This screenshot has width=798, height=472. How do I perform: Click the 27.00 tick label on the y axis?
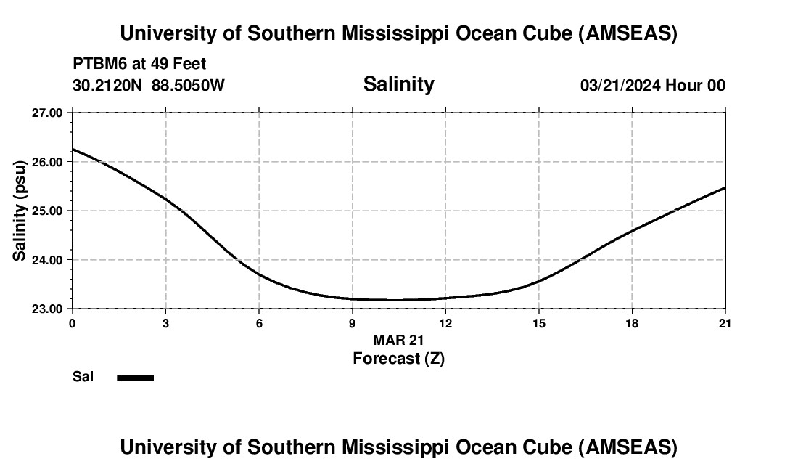[48, 113]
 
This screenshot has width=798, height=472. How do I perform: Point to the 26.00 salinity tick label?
[48, 162]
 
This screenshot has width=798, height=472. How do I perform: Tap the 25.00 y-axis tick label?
[48, 211]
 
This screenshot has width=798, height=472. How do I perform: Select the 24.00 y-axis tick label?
[48, 260]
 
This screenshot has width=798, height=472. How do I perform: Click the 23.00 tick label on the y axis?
[48, 309]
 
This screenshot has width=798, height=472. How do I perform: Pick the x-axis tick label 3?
[166, 323]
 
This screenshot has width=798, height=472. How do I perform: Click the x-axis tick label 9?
[353, 323]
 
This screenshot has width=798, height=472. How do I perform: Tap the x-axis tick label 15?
[539, 323]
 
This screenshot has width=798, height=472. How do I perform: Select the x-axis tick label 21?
[725, 323]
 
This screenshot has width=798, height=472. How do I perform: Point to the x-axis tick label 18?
[632, 323]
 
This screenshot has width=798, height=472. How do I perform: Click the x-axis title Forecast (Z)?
[398, 359]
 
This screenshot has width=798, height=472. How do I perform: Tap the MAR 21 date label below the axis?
[398, 340]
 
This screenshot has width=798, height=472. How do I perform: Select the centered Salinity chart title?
[398, 84]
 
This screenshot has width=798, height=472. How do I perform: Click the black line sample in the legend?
[135, 378]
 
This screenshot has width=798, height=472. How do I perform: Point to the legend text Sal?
[83, 377]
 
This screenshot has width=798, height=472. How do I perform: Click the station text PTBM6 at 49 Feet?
[139, 64]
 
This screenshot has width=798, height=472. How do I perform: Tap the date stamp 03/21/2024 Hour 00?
[652, 86]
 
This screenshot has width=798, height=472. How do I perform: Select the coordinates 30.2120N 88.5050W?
[149, 86]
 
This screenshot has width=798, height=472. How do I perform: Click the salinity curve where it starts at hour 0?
[73, 150]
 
